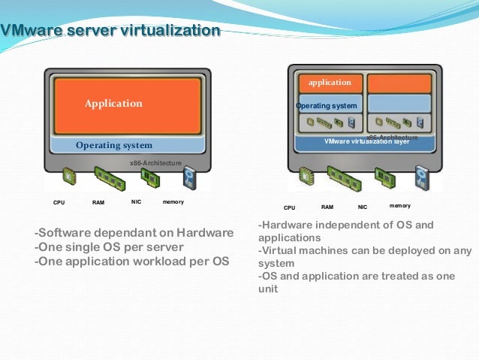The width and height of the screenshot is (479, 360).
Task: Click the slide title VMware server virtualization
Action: [x=111, y=31]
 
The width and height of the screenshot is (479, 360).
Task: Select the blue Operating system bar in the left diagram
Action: [x=125, y=145]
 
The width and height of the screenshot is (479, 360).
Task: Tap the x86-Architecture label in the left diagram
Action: [x=155, y=162]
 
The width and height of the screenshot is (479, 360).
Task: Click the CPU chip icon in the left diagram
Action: [x=69, y=177]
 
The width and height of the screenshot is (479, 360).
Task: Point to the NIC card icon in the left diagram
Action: [x=149, y=178]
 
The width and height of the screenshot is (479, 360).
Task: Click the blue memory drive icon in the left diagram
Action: [x=190, y=179]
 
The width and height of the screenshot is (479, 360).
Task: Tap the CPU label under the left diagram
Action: [x=59, y=203]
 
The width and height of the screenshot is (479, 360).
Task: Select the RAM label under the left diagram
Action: [x=98, y=203]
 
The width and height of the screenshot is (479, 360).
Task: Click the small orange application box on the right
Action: [x=330, y=83]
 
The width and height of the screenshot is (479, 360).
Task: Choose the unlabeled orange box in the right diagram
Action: [x=399, y=83]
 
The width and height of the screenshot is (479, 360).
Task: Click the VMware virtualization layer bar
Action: [x=366, y=141]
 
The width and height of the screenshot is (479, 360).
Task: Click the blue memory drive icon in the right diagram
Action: [x=422, y=179]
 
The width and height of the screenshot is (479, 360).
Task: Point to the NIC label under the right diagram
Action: [x=363, y=207]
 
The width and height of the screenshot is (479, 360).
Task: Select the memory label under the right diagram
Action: [x=400, y=205]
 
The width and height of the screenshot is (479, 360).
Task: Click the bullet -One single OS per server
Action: [x=109, y=247]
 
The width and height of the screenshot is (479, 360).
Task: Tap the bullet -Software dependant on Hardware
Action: [x=134, y=233]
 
